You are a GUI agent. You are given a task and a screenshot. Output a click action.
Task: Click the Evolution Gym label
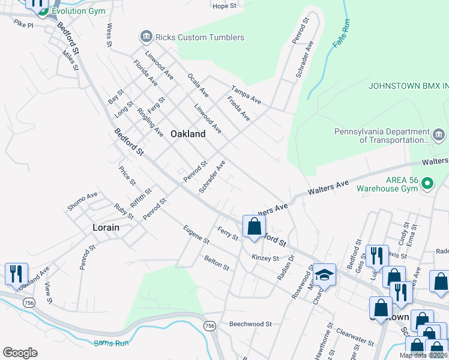point(78,11)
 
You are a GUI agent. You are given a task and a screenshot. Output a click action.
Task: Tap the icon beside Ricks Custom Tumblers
point(146,37)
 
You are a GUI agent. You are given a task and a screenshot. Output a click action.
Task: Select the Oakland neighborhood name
point(188,134)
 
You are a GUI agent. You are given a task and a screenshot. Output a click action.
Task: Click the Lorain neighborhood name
point(106,227)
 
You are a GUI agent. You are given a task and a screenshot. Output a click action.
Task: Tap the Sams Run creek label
point(109,343)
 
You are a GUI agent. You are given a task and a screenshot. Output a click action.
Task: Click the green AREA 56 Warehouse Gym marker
point(427,182)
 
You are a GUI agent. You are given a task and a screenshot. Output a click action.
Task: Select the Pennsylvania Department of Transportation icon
point(438,133)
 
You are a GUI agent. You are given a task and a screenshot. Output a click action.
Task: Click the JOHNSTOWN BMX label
point(408,86)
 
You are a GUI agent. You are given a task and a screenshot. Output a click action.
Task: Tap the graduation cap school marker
point(324,275)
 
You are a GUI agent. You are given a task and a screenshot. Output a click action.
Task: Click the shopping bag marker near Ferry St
point(254,227)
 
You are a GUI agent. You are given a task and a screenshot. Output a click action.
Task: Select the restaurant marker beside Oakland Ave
point(16,274)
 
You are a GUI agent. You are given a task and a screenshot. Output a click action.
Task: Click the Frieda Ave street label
point(238,109)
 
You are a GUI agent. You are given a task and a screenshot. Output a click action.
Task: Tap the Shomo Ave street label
point(82,203)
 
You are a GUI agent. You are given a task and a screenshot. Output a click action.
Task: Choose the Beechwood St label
point(250,324)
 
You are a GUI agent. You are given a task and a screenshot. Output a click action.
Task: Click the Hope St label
point(224,6)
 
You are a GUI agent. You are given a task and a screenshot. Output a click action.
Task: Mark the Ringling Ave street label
point(150,122)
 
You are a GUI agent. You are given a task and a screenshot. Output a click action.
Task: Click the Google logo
point(20,353)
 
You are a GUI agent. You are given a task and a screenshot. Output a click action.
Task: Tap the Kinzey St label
point(265,259)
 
